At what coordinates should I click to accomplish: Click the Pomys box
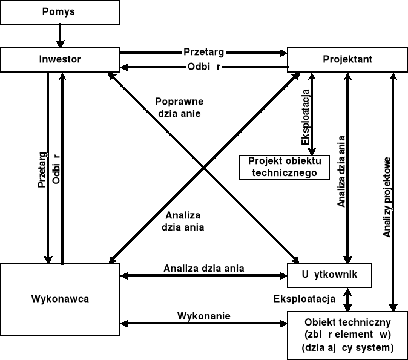[59, 12]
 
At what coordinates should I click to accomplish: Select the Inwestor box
[59, 59]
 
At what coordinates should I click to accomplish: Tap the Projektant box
[347, 59]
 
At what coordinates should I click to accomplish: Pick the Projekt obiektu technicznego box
[284, 168]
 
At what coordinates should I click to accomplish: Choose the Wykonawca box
[59, 298]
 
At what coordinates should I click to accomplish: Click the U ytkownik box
[329, 275]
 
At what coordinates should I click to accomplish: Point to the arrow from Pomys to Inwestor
[59, 36]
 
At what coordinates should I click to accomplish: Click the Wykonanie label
[203, 316]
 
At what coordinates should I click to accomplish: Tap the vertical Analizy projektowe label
[387, 197]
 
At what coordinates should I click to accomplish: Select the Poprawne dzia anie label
[179, 107]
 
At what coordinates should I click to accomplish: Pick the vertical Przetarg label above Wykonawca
[42, 169]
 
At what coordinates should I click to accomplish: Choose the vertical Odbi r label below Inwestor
[56, 169]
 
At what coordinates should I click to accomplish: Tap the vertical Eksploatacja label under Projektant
[306, 118]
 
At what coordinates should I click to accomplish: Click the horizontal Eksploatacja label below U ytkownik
[304, 298]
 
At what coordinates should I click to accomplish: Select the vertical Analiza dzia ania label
[341, 172]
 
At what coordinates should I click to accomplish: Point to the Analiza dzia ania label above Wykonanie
[203, 267]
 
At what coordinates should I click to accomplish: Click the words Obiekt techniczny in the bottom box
[347, 321]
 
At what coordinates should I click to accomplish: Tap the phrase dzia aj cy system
[347, 348]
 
